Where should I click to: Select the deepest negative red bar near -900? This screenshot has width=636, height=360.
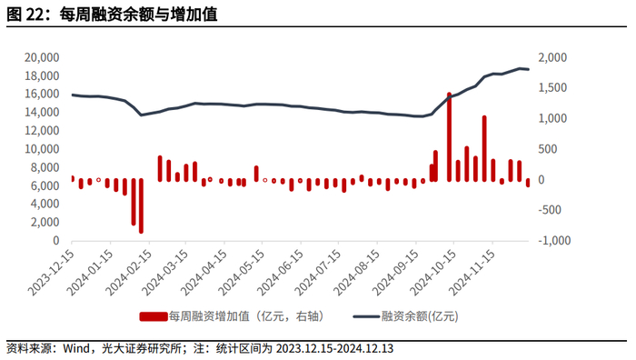pyautogui.click(x=141, y=205)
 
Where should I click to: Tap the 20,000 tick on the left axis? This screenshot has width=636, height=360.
pyautogui.click(x=42, y=57)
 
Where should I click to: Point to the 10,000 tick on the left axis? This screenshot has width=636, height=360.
pyautogui.click(x=42, y=149)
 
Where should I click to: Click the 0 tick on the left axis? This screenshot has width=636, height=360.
pyautogui.click(x=56, y=240)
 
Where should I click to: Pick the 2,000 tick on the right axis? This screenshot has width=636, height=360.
pyautogui.click(x=552, y=57)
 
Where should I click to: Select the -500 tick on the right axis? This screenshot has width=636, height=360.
pyautogui.click(x=550, y=210)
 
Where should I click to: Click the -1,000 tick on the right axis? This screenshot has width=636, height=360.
pyautogui.click(x=554, y=240)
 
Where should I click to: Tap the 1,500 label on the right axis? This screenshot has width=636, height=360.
pyautogui.click(x=552, y=88)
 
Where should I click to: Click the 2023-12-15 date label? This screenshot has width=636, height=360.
pyautogui.click(x=51, y=273)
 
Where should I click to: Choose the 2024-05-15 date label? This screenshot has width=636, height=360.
pyautogui.click(x=242, y=273)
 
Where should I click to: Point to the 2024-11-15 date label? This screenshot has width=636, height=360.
pyautogui.click(x=473, y=273)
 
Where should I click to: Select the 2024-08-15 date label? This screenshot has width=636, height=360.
pyautogui.click(x=357, y=273)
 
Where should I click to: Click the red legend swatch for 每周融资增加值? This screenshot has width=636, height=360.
pyautogui.click(x=154, y=316)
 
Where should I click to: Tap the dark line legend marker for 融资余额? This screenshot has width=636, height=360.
pyautogui.click(x=366, y=316)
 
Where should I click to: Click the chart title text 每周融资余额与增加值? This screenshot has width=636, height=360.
pyautogui.click(x=139, y=15)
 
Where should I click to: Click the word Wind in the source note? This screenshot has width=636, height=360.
pyautogui.click(x=76, y=348)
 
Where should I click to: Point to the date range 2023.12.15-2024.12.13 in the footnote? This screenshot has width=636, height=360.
pyautogui.click(x=334, y=348)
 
